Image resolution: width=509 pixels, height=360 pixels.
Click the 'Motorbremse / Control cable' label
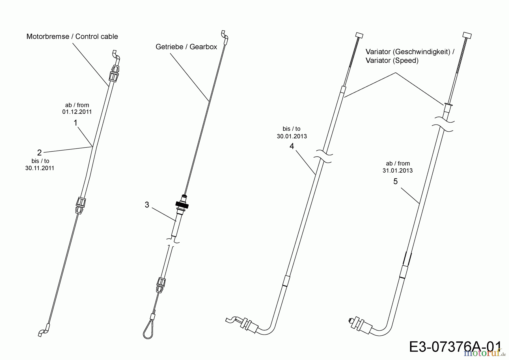72,37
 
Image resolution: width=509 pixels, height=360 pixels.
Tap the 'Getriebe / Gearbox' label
186,47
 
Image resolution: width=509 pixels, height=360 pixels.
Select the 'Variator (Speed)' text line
392,61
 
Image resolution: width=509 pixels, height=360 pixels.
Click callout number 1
76,123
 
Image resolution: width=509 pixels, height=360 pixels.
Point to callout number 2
39,153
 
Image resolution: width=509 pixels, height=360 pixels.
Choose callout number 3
147,205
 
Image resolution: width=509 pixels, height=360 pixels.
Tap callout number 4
292,146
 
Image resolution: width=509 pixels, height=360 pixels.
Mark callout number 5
396,181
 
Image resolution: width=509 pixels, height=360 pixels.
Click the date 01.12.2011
77,112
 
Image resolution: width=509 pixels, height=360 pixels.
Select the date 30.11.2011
40,168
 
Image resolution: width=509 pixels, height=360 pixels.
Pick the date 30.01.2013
292,136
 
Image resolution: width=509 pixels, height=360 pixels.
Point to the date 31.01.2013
398,171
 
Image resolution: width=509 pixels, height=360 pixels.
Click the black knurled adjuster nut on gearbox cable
182,205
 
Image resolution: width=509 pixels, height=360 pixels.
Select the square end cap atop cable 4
359,35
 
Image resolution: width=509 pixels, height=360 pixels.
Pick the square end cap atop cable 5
467,35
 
